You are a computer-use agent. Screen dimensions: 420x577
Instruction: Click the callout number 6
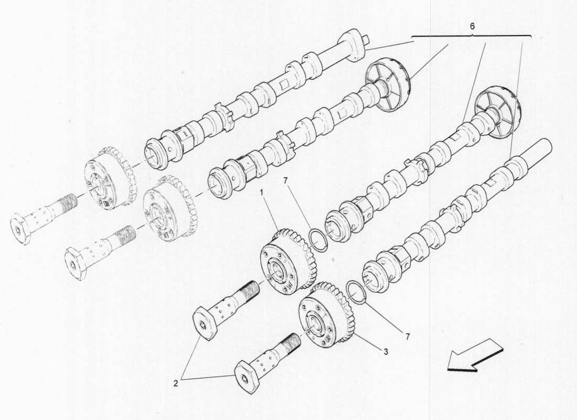472,26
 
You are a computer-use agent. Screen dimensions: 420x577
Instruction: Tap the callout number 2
176,384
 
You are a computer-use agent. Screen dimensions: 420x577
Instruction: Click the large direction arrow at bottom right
475,355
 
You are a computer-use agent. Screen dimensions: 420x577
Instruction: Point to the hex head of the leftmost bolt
21,230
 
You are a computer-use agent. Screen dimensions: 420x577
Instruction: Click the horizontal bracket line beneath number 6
472,36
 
